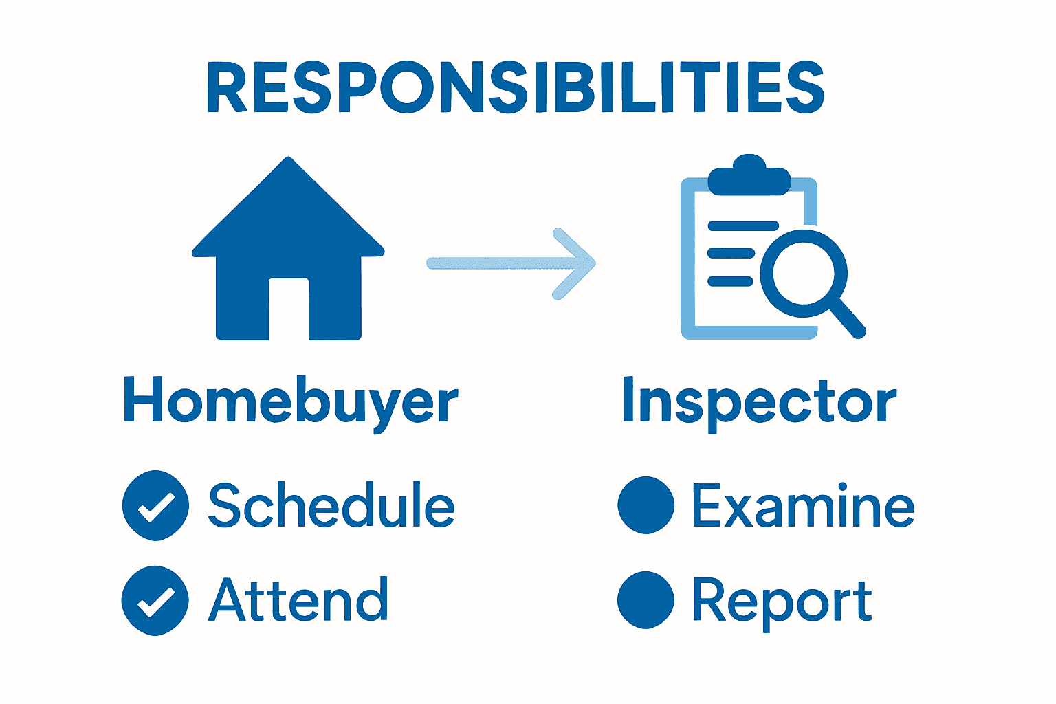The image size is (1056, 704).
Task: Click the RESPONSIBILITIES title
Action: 515,88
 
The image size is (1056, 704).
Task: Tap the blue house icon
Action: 288,227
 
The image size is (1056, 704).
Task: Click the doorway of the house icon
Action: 289,309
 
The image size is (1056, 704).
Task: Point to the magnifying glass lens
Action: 803,273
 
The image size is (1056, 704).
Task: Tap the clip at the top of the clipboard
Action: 749,175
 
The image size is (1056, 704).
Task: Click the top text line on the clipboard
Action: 742,225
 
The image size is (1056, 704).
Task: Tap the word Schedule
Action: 331,506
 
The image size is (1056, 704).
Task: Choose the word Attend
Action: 298,599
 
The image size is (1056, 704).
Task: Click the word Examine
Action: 803,506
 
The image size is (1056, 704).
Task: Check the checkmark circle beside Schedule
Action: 155,506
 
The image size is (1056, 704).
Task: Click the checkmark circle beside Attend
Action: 155,600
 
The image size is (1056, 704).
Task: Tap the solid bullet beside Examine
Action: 646,505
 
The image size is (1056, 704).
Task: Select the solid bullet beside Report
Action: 646,599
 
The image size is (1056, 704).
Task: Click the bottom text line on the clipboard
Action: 730,280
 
